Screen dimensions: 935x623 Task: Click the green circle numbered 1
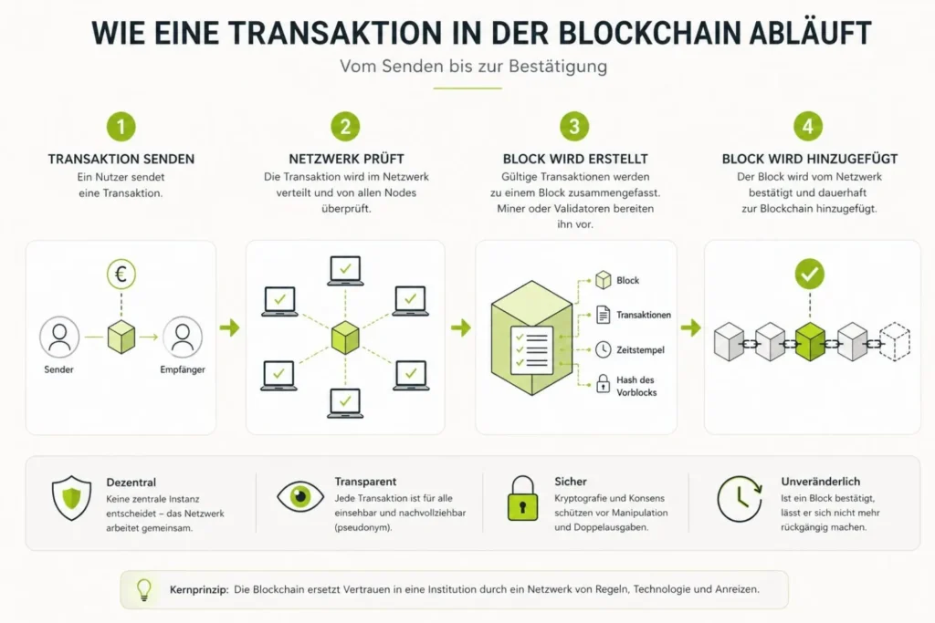(x=121, y=126)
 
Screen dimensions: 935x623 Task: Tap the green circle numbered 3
(x=574, y=126)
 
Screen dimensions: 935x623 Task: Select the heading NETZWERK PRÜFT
(x=346, y=159)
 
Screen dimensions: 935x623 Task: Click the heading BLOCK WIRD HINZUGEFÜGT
(x=810, y=159)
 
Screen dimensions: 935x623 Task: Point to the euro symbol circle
(x=121, y=274)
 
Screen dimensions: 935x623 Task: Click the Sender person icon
(x=59, y=337)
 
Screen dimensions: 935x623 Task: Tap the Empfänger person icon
(x=183, y=337)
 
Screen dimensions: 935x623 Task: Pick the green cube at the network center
(x=345, y=337)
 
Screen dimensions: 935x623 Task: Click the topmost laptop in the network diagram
(x=345, y=271)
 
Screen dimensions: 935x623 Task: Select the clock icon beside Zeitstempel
(x=603, y=349)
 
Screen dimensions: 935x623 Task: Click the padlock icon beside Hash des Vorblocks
(x=603, y=384)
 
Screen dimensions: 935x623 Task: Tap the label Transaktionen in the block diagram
(x=644, y=315)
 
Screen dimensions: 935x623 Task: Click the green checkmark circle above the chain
(x=809, y=274)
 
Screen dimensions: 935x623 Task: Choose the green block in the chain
(x=810, y=342)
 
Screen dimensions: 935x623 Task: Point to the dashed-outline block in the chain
(x=895, y=342)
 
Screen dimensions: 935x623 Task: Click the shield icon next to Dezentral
(x=71, y=498)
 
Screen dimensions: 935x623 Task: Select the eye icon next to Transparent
(x=300, y=496)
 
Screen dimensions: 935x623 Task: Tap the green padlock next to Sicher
(x=522, y=498)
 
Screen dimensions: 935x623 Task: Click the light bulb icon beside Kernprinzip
(x=144, y=589)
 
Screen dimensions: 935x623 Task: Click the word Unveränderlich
(x=821, y=482)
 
